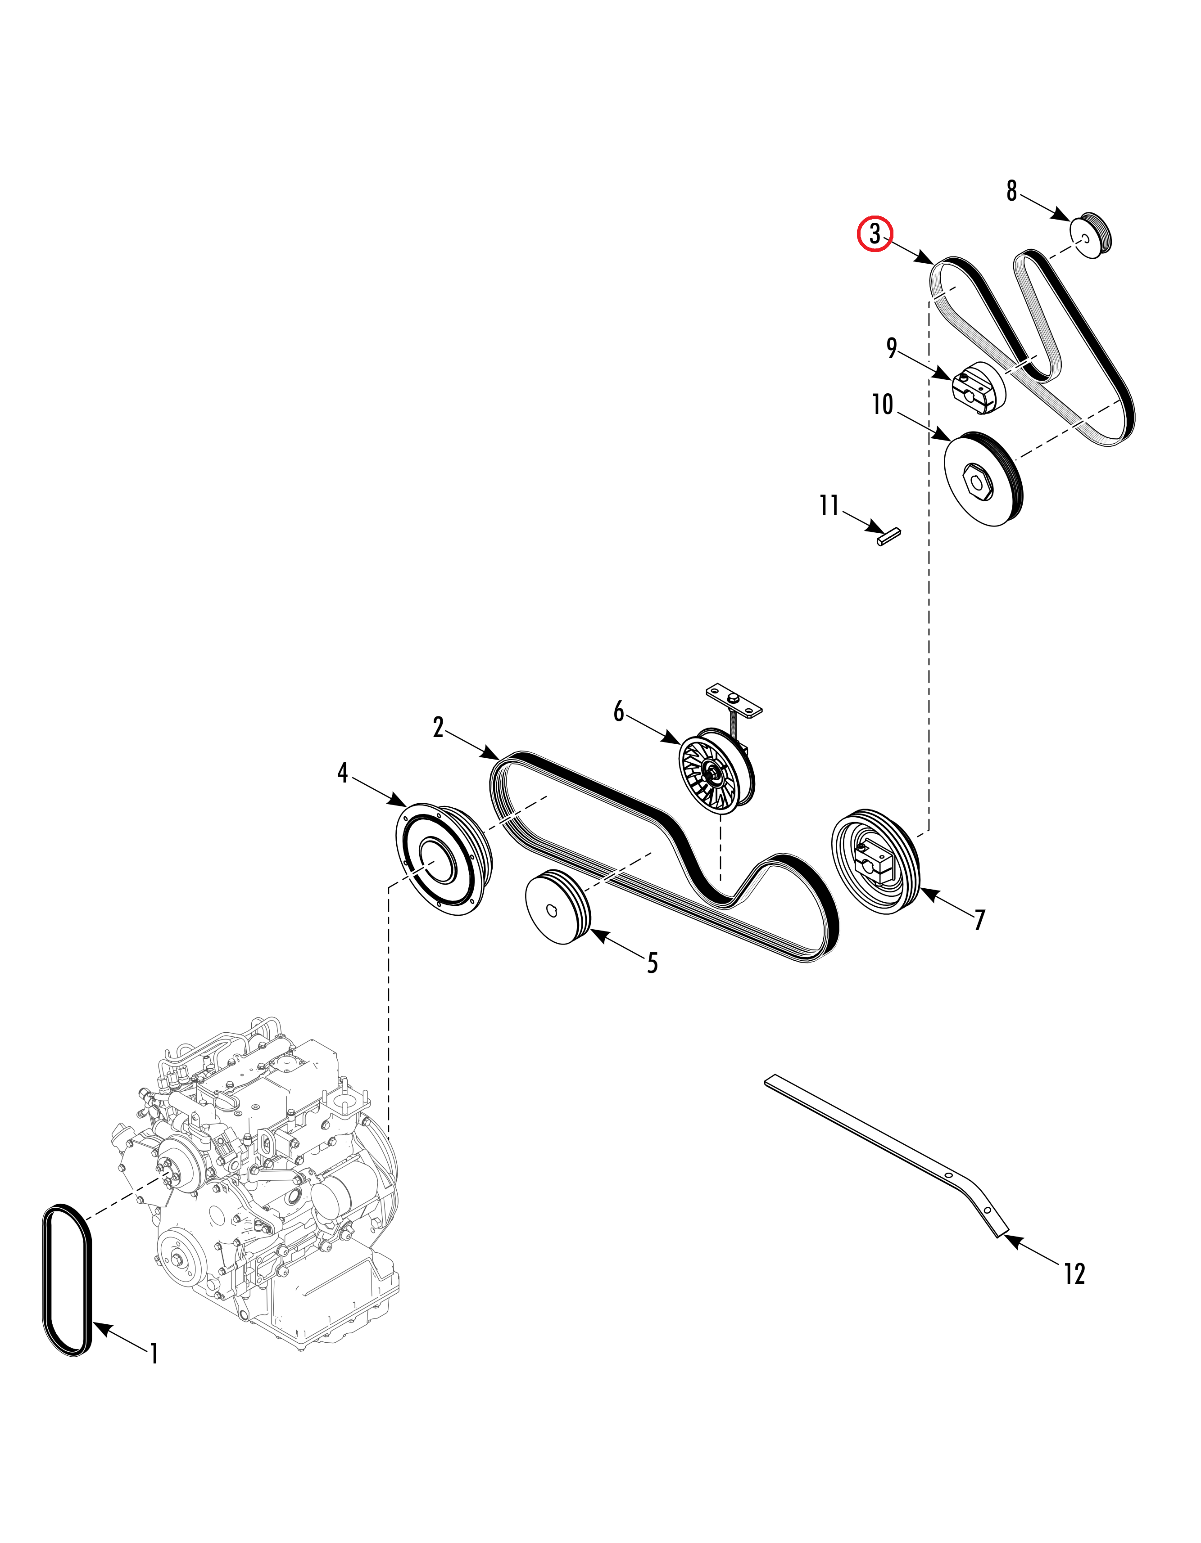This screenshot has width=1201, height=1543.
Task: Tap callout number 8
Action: (x=1011, y=191)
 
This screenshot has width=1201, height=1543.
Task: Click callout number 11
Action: (x=829, y=506)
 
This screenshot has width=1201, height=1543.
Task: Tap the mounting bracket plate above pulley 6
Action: (x=734, y=699)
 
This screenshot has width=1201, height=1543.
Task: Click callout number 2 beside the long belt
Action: (x=438, y=727)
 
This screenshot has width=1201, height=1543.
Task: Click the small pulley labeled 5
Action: (x=558, y=908)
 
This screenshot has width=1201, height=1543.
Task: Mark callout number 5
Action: (x=652, y=962)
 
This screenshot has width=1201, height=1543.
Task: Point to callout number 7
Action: (x=979, y=920)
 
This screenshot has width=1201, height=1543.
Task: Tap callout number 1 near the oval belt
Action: (x=154, y=1354)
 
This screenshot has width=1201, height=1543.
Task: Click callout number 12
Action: (x=1074, y=1293)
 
